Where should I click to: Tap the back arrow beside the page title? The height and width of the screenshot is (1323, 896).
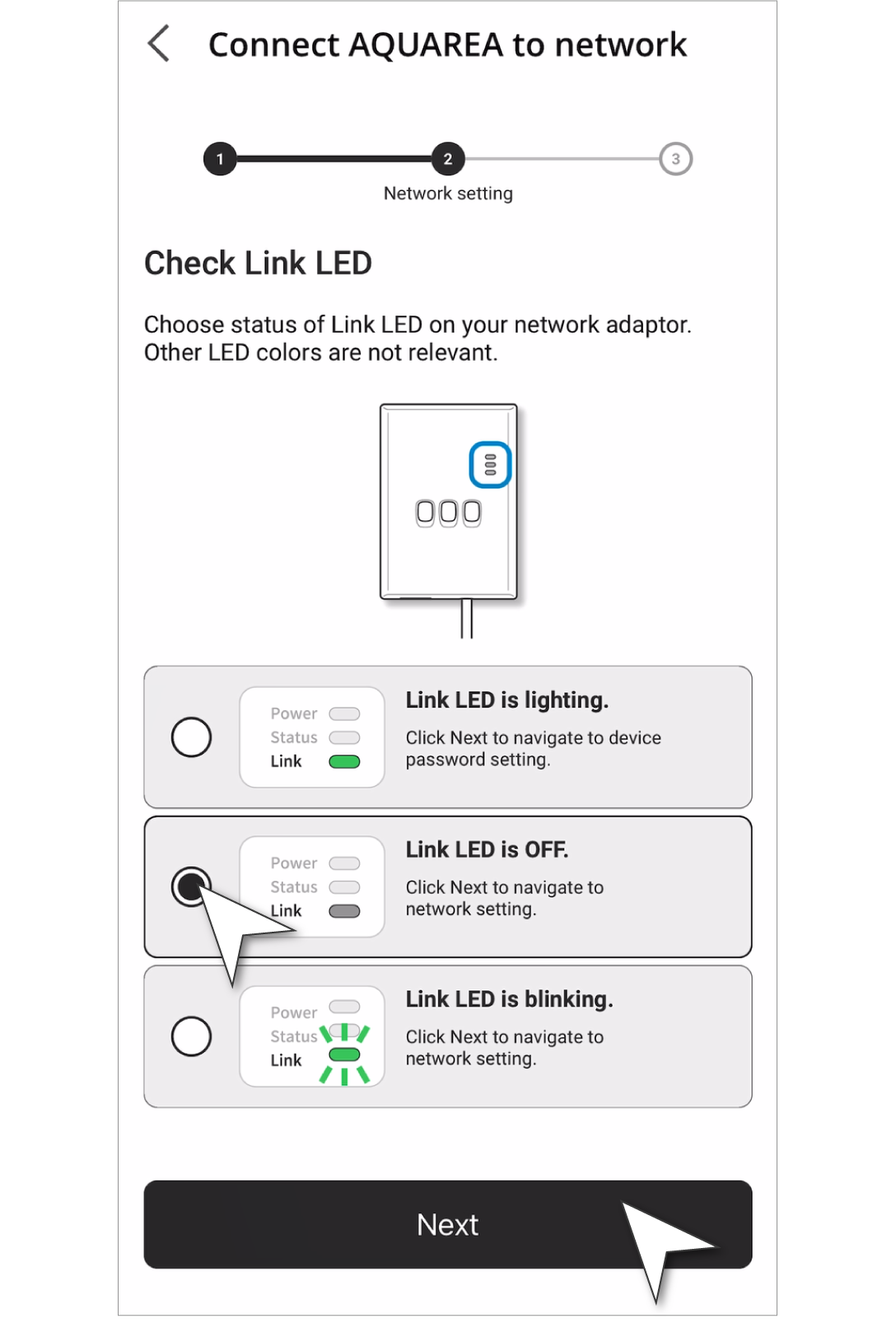click(x=158, y=43)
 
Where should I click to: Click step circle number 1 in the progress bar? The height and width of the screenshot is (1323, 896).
click(x=220, y=159)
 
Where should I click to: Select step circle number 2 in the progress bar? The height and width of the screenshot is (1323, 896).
click(x=448, y=159)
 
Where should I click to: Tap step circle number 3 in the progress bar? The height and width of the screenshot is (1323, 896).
click(x=676, y=159)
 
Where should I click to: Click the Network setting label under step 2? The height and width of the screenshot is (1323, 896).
click(x=448, y=194)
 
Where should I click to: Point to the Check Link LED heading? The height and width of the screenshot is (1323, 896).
click(x=258, y=263)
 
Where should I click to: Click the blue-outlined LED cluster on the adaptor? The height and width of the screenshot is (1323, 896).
click(x=490, y=465)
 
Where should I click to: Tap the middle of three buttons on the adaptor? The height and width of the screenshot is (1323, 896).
click(x=448, y=512)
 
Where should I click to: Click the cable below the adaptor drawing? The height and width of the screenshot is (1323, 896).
click(x=466, y=619)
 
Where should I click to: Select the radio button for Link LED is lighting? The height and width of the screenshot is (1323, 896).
click(x=191, y=737)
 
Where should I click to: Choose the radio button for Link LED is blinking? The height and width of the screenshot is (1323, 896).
click(x=191, y=1036)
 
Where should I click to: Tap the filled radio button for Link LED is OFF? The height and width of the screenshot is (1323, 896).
click(x=191, y=886)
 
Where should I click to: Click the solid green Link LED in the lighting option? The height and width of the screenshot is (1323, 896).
click(x=344, y=762)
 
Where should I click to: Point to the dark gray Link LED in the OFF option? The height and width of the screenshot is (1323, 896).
click(x=344, y=911)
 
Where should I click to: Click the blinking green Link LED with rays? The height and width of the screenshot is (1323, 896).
click(x=344, y=1054)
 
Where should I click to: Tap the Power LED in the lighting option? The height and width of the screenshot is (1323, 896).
click(x=344, y=714)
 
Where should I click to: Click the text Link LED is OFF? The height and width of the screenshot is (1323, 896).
click(x=487, y=850)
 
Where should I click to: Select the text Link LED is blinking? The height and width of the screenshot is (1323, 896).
click(x=510, y=999)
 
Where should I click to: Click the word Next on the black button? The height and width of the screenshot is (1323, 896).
click(x=447, y=1224)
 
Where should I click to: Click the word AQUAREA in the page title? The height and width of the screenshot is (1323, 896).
click(x=426, y=44)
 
